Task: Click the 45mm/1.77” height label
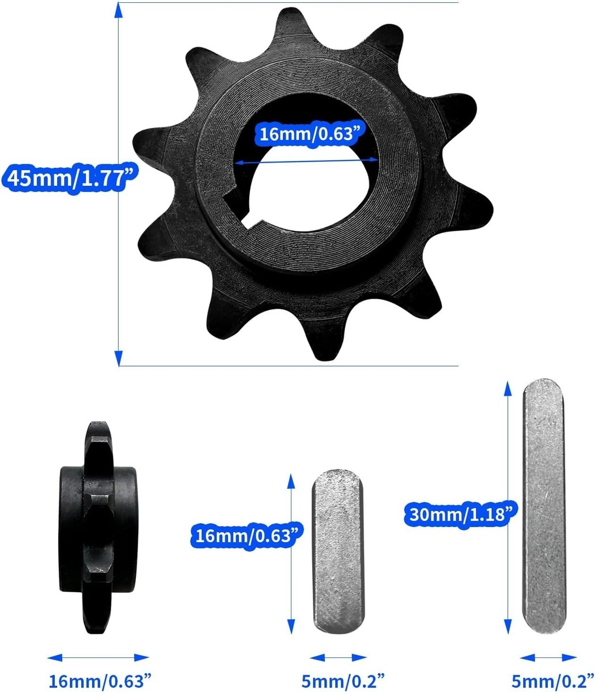[x=70, y=178]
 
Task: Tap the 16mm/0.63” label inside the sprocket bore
[x=311, y=134]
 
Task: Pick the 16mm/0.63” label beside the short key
[x=247, y=536]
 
